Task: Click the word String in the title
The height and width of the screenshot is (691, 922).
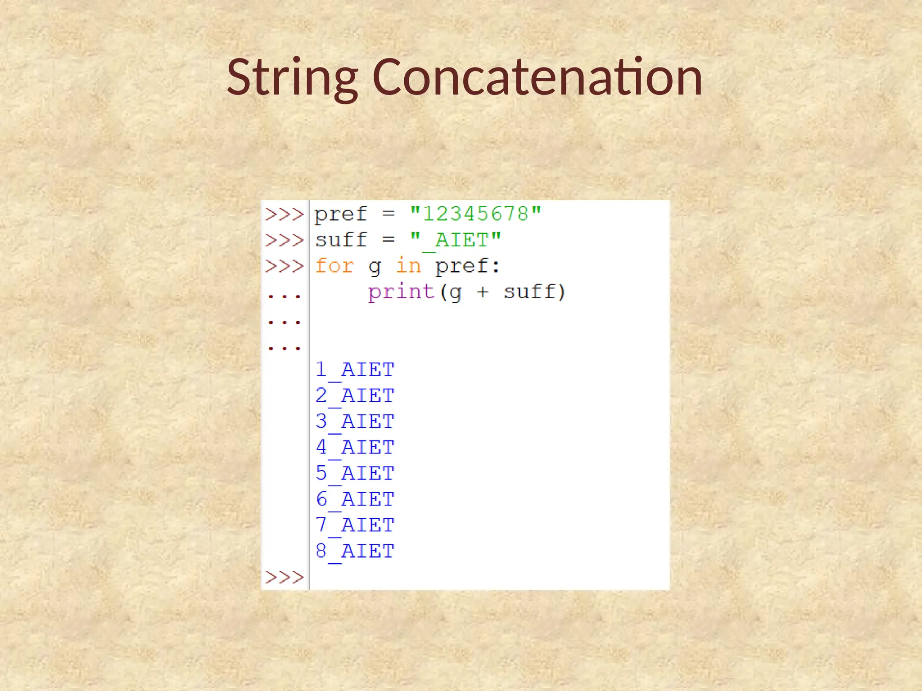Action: tap(292, 78)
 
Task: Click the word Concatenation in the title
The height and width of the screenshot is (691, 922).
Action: tap(537, 78)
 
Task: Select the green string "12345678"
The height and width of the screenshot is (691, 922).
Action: tap(475, 214)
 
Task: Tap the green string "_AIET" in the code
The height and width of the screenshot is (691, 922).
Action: tap(455, 240)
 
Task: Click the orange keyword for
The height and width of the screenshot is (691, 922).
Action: tap(334, 266)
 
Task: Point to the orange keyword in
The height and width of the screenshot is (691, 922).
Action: tap(408, 266)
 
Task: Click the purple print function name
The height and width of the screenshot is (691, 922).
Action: tap(401, 292)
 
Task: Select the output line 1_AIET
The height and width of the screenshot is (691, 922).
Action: tap(355, 370)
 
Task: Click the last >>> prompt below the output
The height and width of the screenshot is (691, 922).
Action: tap(285, 577)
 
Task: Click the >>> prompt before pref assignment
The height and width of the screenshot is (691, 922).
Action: tap(285, 214)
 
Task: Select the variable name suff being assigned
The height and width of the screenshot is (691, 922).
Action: tap(341, 240)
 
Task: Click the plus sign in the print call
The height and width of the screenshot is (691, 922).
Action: tap(483, 292)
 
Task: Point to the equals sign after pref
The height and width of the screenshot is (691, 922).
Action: tap(389, 214)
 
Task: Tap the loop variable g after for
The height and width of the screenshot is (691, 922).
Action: tap(374, 267)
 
